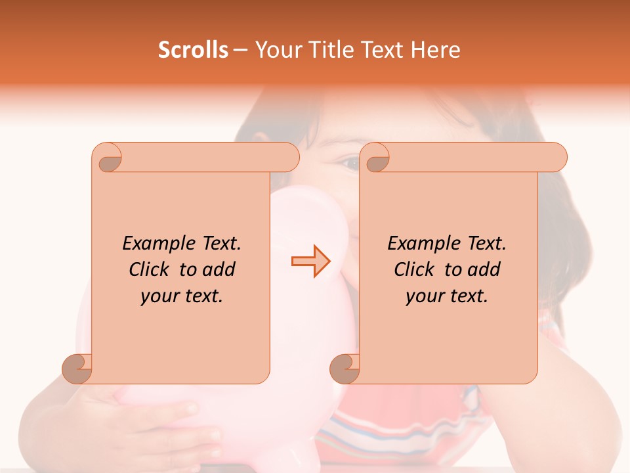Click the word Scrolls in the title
click(x=193, y=50)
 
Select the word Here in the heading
click(x=435, y=50)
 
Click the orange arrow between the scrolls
click(x=310, y=261)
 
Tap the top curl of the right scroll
click(x=375, y=158)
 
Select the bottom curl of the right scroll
click(x=345, y=369)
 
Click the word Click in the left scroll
click(x=150, y=269)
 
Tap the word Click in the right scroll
click(x=415, y=269)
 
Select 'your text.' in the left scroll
click(x=182, y=296)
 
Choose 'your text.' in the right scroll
click(x=446, y=296)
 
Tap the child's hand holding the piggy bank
click(x=164, y=420)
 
